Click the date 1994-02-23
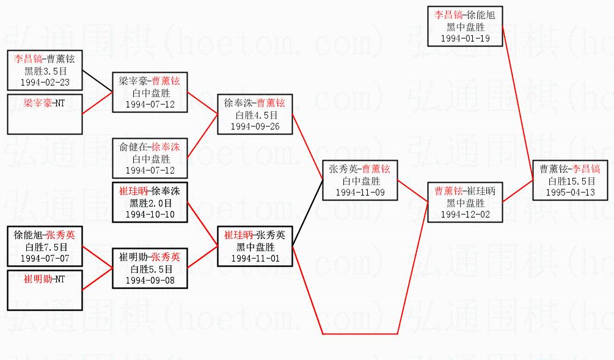(45, 81)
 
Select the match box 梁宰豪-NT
(45, 114)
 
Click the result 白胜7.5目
(45, 246)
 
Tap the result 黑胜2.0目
(150, 203)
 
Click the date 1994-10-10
(150, 215)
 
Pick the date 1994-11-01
(255, 258)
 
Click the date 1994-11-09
(360, 192)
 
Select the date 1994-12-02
(465, 214)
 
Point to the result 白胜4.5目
(255, 115)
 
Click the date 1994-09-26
(255, 126)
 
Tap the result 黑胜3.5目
(45, 70)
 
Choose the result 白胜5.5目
(150, 268)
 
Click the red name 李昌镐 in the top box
(448, 15)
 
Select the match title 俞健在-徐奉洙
(150, 147)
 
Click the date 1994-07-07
(45, 258)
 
